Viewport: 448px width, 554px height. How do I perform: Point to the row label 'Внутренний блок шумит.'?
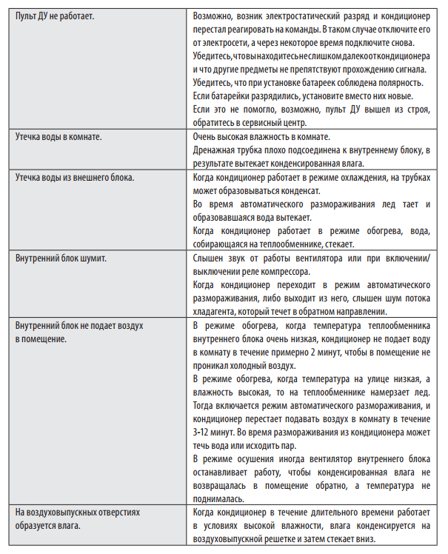click(61, 260)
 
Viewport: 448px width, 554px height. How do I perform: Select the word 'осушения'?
click(255, 459)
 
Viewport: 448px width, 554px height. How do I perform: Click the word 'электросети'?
click(229, 43)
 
